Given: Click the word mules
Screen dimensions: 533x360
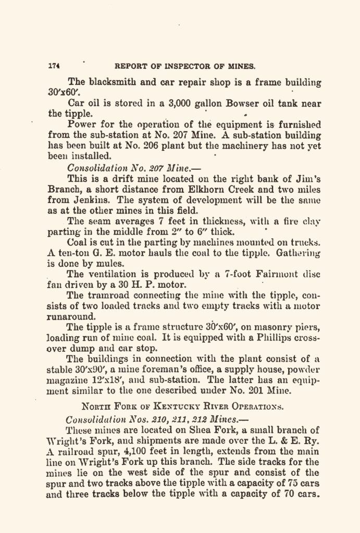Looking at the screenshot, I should point(104,264).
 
